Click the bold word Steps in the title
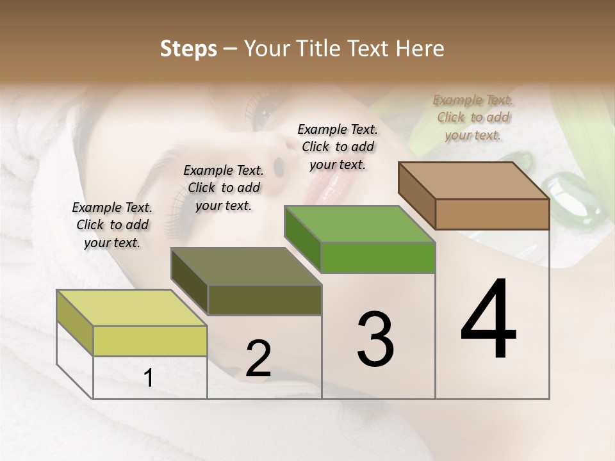[188, 49]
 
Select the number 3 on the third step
[375, 339]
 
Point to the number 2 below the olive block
[258, 359]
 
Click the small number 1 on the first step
[149, 378]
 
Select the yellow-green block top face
[131, 308]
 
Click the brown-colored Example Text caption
[473, 117]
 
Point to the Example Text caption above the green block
[338, 147]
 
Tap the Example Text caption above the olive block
[224, 188]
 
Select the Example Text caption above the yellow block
[112, 225]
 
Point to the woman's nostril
[279, 166]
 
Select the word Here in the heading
[422, 49]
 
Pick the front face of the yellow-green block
[150, 341]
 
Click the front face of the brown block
[492, 214]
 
